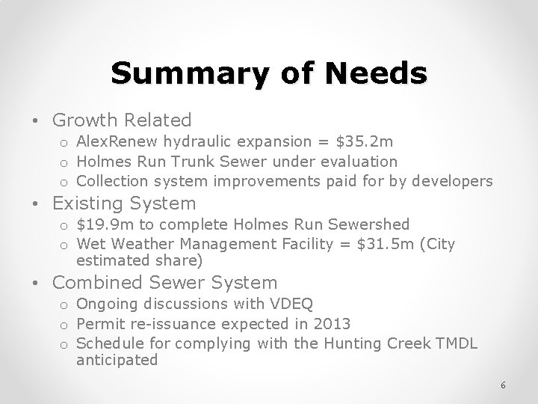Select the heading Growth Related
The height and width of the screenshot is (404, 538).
(x=122, y=120)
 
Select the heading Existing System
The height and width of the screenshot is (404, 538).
(x=124, y=203)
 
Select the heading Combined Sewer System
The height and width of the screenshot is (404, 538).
(x=165, y=283)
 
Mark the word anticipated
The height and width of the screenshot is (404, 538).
(x=117, y=360)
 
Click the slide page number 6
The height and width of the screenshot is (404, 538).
(x=504, y=385)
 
